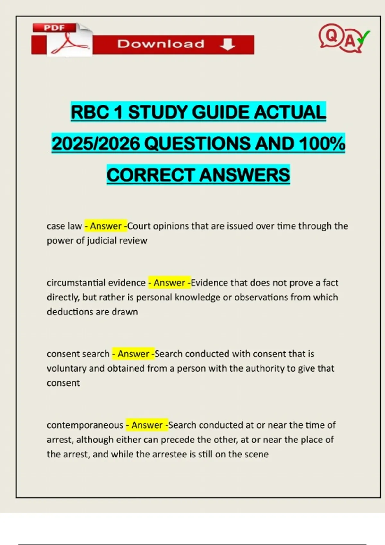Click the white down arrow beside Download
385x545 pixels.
pos(227,44)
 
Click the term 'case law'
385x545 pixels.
pos(64,226)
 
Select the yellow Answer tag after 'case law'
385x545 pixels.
pos(106,226)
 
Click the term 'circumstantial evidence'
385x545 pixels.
pos(96,283)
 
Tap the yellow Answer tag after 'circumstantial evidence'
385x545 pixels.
pos(169,283)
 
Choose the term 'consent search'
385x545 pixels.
pos(78,354)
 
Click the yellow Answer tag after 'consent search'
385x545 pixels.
pos(133,354)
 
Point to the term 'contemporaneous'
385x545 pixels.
pos(85,425)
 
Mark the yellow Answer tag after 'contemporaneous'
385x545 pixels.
pos(147,425)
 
